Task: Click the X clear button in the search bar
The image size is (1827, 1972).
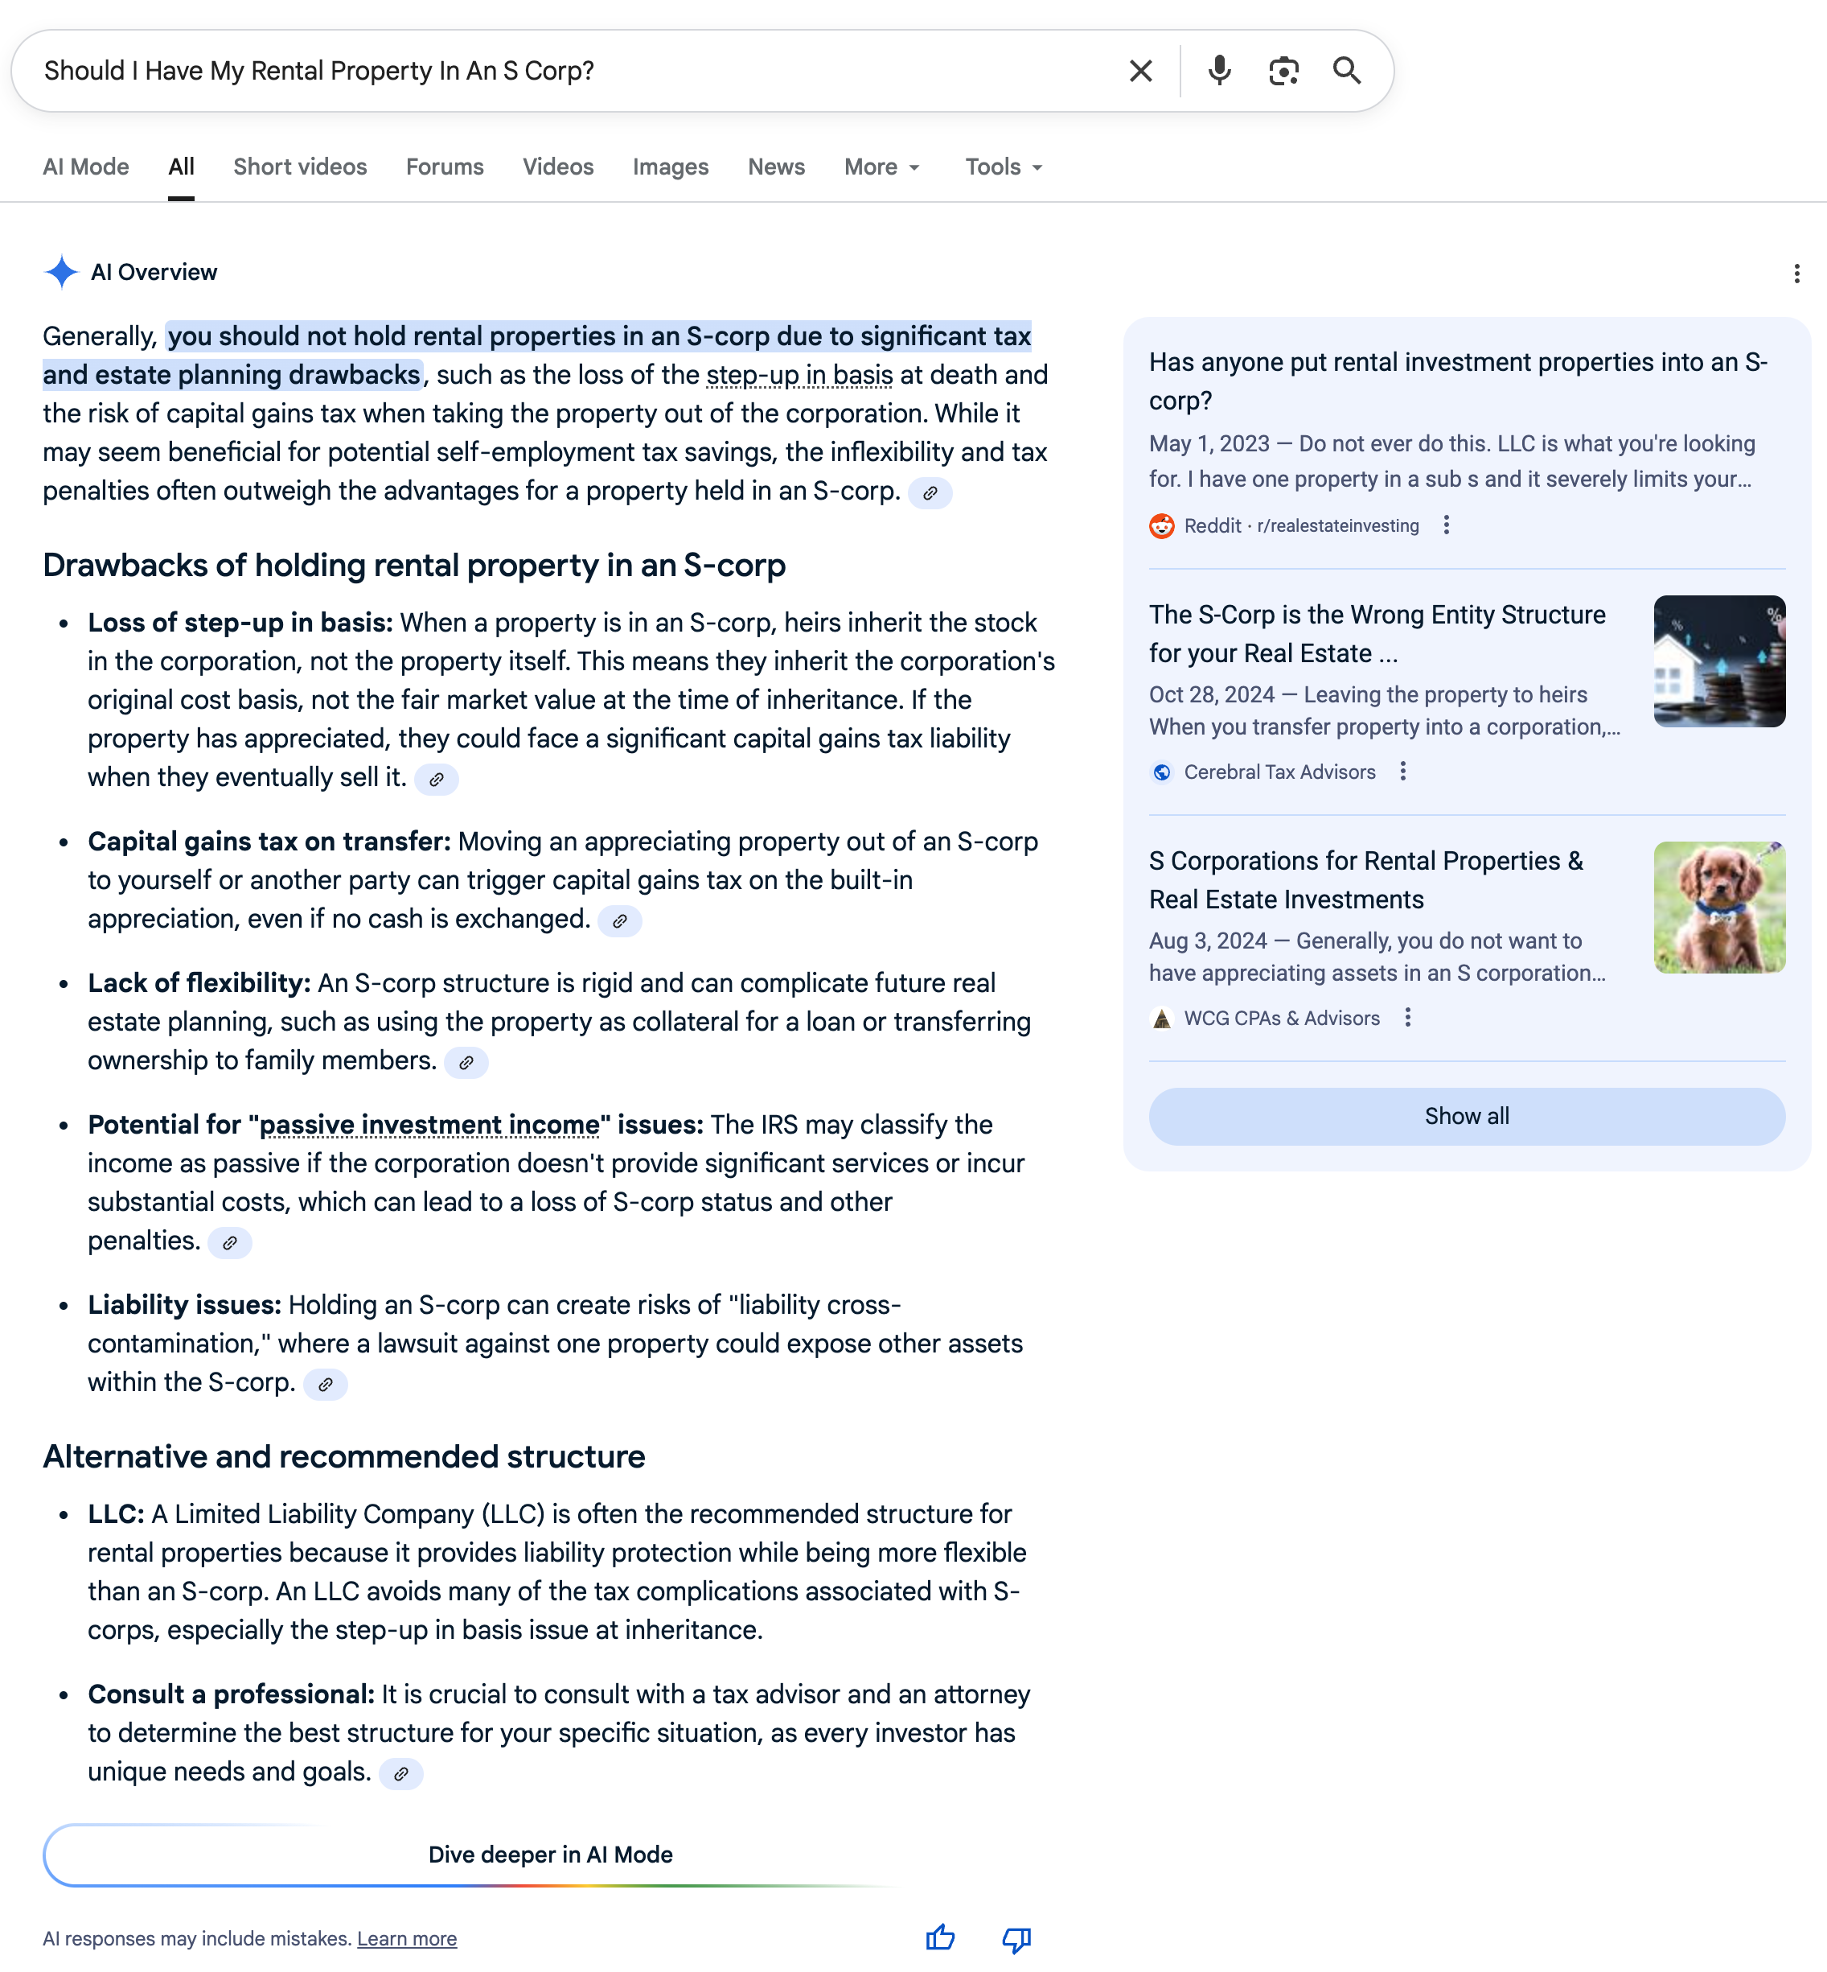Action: [1140, 72]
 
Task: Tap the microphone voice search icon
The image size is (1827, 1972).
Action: [1219, 72]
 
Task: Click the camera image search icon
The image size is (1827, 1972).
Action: [1283, 72]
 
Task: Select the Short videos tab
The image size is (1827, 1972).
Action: [300, 167]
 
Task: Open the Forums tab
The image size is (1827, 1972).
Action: [445, 167]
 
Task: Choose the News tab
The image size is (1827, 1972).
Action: [776, 167]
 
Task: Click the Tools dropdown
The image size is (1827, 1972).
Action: [1004, 167]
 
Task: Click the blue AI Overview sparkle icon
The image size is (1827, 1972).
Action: [61, 272]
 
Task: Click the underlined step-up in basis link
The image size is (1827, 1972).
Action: [799, 376]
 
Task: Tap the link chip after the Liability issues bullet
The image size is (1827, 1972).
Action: [325, 1385]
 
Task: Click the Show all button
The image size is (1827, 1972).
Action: [1466, 1117]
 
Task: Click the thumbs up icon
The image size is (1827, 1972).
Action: [940, 1938]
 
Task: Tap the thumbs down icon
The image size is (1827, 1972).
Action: [1016, 1938]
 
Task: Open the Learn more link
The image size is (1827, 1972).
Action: [406, 1939]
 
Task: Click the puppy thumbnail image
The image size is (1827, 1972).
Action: [1719, 908]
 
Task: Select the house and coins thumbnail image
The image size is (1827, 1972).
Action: [1719, 661]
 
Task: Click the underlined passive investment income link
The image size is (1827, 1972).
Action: [429, 1126]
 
